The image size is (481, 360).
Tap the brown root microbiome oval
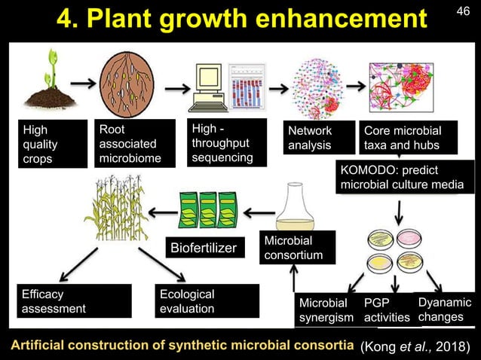click(127, 78)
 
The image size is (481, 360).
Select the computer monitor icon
click(204, 84)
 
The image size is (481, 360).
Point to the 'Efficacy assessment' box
click(65, 302)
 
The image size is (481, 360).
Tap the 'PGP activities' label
click(385, 310)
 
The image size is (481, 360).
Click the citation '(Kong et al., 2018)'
click(418, 346)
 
